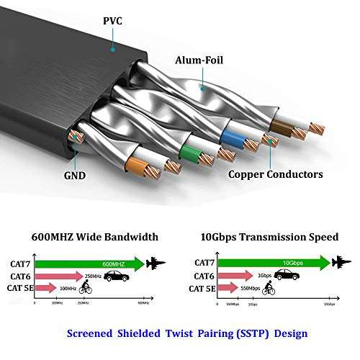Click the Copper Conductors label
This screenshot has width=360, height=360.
tap(275, 174)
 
